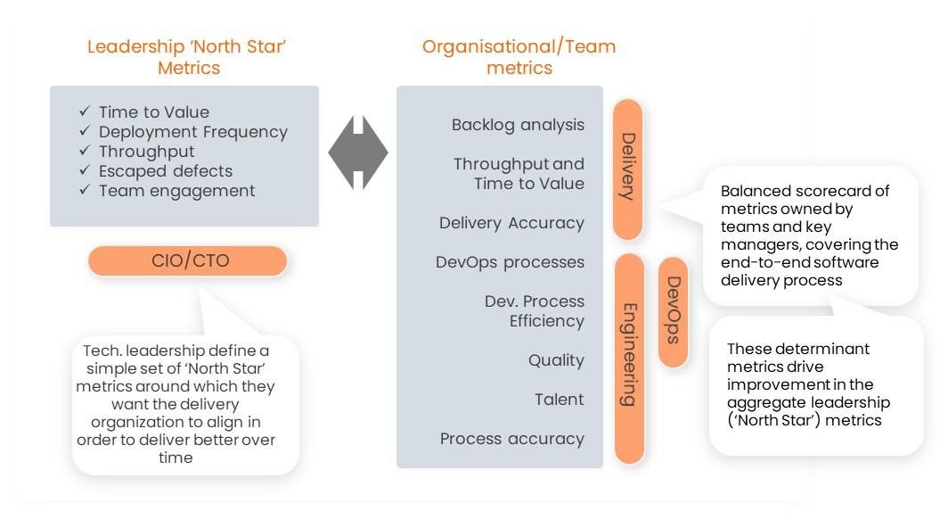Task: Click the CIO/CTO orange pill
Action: [x=187, y=261]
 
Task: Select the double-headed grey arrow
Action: [x=358, y=152]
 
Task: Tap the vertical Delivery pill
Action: [x=627, y=168]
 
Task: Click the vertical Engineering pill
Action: [x=628, y=357]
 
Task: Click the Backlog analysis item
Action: [x=518, y=125]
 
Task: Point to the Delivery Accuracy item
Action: [x=511, y=223]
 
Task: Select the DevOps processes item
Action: [x=510, y=262]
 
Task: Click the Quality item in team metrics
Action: [x=556, y=360]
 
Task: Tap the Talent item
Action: [x=559, y=400]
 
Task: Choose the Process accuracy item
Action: [x=511, y=439]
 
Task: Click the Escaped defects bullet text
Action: [x=166, y=171]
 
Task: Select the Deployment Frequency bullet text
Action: [x=193, y=132]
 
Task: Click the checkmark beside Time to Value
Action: [x=85, y=111]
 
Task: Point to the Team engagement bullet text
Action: [x=176, y=191]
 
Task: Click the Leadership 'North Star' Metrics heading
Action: [x=188, y=57]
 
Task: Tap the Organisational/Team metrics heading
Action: [x=519, y=57]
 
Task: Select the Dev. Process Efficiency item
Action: [x=534, y=311]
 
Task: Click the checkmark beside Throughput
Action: [x=85, y=151]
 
